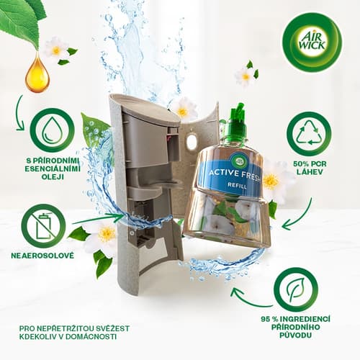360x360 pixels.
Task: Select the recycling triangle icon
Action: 309,134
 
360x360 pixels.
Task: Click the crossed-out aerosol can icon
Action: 43,226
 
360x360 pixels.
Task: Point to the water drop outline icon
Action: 52,130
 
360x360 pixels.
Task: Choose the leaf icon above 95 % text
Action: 296,289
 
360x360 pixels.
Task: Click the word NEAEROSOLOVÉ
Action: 42,256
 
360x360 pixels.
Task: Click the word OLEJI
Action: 53,177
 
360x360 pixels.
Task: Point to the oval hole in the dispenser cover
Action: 192,143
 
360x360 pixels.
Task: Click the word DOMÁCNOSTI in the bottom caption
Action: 91,336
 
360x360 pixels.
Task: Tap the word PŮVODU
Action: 296,336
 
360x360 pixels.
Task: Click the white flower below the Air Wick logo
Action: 245,77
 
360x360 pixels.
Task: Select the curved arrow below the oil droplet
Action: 19,113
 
